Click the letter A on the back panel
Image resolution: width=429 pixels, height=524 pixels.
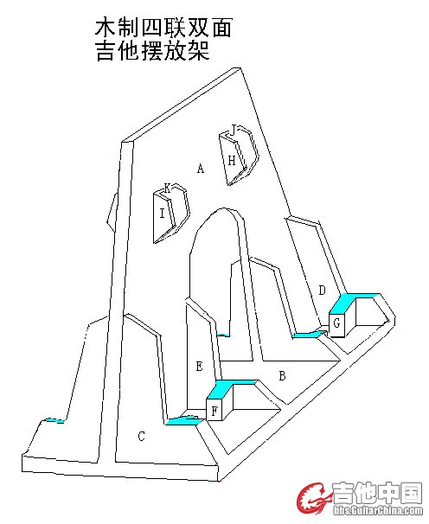(201, 168)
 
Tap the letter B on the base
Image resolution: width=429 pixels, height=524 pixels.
(282, 376)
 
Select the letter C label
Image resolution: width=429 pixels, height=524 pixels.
(142, 436)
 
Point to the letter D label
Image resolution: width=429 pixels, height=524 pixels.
(322, 290)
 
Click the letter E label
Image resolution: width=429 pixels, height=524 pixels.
(199, 367)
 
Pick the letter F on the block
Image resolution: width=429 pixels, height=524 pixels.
(214, 411)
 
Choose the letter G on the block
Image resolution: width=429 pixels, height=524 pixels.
(336, 323)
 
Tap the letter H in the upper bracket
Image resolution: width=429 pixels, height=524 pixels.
(232, 161)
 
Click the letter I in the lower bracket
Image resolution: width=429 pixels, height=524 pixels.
(162, 213)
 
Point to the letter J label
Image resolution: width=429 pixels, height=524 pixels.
(234, 129)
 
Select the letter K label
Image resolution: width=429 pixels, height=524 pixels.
(168, 188)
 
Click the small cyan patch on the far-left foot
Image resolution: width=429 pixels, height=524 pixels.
(54, 420)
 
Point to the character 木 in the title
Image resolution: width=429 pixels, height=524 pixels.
(106, 27)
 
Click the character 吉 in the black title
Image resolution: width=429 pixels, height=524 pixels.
(106, 50)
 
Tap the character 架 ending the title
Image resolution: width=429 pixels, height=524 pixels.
(200, 50)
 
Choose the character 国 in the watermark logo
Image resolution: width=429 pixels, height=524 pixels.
(412, 493)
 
